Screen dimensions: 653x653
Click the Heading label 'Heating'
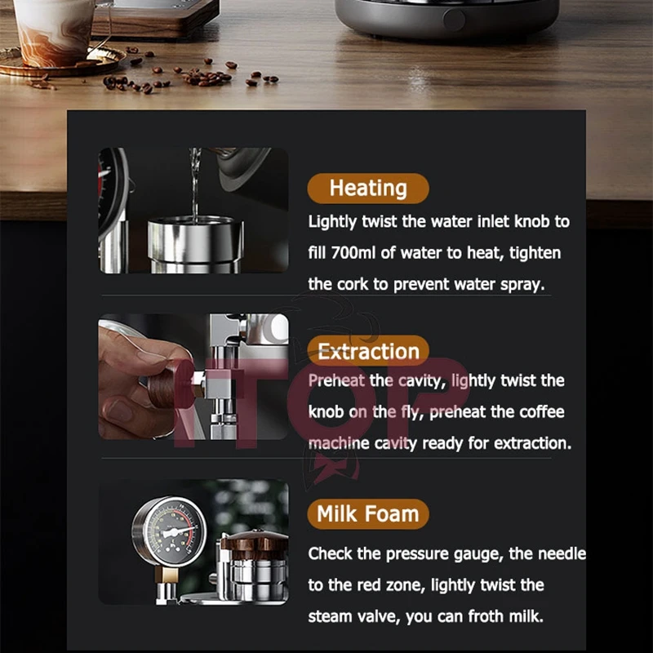(367, 189)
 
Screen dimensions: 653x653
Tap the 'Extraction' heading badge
(368, 352)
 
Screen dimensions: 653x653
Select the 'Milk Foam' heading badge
(367, 514)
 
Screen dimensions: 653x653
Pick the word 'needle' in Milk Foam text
(562, 554)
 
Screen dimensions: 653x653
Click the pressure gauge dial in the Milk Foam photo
(170, 531)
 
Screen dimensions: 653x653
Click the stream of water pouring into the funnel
(195, 184)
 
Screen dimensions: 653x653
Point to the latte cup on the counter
(54, 29)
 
